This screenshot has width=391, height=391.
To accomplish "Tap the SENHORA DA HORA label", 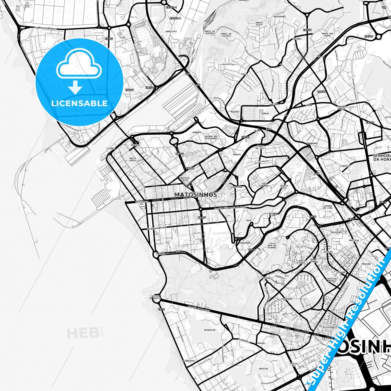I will click(x=382, y=157).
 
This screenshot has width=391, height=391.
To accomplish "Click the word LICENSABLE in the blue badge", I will click(x=79, y=103).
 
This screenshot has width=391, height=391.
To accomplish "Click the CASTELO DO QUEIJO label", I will click(x=155, y=297).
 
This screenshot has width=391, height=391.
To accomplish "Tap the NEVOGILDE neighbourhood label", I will click(x=210, y=330).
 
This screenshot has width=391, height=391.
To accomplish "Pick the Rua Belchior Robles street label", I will click(x=45, y=28).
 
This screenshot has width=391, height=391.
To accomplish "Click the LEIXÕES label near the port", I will click(x=111, y=149).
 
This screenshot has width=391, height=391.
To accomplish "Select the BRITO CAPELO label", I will click(x=133, y=159).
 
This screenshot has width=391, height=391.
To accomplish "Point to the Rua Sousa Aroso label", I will click(x=157, y=228).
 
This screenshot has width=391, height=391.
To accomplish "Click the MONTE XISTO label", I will click(x=259, y=24).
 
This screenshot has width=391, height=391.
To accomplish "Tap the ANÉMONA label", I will click(x=160, y=254).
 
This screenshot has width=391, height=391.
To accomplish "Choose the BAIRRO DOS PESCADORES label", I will click(x=211, y=137).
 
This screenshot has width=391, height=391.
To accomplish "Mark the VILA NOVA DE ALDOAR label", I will click(x=272, y=245).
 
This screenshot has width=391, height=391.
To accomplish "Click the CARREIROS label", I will click(x=189, y=361).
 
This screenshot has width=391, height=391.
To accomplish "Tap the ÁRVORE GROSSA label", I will click(x=341, y=107).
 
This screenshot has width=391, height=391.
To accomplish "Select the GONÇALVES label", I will click(x=171, y=31).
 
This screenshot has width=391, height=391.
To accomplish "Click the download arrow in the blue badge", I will click(x=75, y=88).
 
